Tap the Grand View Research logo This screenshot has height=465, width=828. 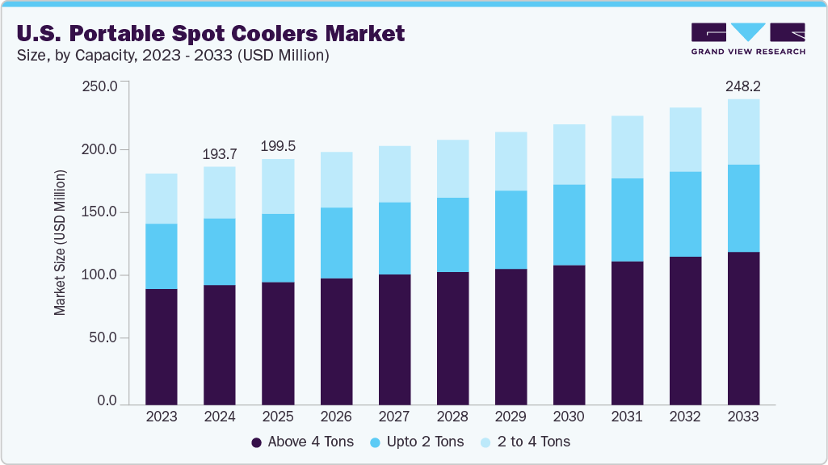748,39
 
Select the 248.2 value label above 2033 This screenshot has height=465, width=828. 743,85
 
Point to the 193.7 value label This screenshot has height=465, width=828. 220,153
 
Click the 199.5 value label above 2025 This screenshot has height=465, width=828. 278,146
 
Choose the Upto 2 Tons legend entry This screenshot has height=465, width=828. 418,442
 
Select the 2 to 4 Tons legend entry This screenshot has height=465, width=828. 526,442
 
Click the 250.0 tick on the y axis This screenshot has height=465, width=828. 102,86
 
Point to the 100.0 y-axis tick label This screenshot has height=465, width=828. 102,275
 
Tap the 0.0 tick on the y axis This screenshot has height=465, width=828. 107,401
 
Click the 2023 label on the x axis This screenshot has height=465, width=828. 162,417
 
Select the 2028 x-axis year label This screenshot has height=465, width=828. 452,417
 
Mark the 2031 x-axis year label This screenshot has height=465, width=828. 627,417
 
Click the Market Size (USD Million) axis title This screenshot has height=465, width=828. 61,242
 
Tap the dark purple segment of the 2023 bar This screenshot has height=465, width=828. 162,346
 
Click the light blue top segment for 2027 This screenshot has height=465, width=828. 394,174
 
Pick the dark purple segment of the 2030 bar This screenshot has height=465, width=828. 569,334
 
